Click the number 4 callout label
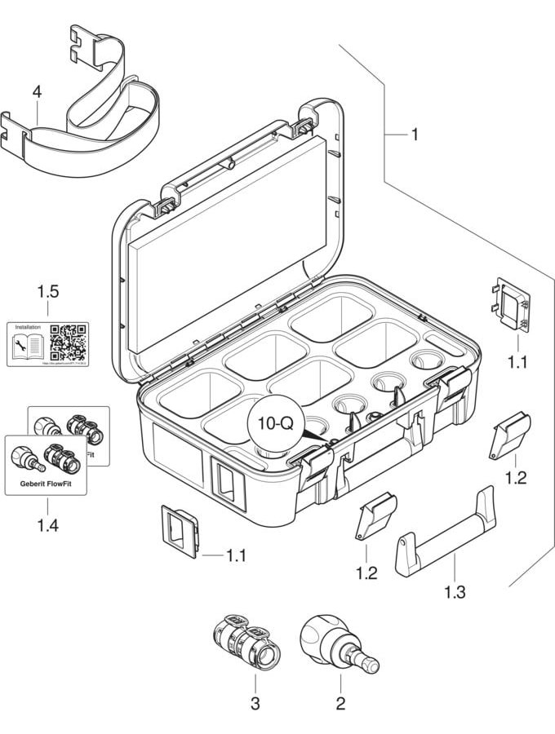(37, 93)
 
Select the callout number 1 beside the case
(415, 134)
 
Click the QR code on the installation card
(69, 343)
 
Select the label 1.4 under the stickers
(47, 526)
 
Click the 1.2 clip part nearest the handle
(375, 518)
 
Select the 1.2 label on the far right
(516, 478)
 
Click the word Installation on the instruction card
(24, 328)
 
